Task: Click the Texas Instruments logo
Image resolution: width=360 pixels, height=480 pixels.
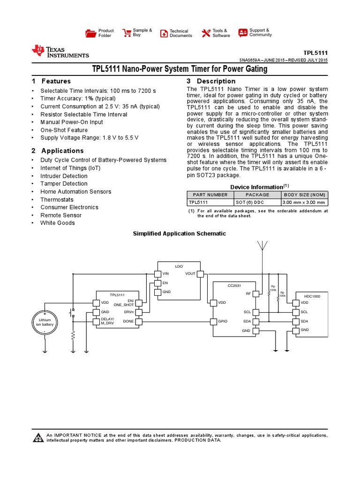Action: click(x=60, y=52)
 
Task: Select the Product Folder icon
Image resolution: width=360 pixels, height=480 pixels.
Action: click(x=90, y=33)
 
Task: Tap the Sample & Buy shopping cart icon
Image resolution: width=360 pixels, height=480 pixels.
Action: click(x=127, y=33)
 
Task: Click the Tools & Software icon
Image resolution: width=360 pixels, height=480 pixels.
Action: click(x=206, y=33)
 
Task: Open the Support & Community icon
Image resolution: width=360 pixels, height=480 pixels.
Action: click(x=243, y=33)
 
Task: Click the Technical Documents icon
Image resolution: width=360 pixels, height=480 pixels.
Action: click(x=164, y=33)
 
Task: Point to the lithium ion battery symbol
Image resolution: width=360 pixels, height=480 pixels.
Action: click(x=45, y=322)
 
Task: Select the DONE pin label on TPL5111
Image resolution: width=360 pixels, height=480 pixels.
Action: click(x=128, y=322)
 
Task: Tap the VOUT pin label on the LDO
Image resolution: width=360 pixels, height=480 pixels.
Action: click(x=190, y=274)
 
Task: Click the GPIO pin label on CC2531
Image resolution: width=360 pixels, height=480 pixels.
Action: click(x=223, y=322)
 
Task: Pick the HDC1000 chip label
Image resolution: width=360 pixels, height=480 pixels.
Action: click(x=312, y=296)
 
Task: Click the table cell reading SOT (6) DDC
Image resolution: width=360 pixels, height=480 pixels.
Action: click(x=257, y=202)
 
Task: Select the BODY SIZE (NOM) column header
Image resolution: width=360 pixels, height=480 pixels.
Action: click(x=304, y=195)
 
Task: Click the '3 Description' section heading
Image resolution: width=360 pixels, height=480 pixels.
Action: click(x=204, y=81)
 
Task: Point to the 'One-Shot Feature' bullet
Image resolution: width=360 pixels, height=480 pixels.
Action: click(x=64, y=130)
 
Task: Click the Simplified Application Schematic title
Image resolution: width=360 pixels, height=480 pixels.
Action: click(x=180, y=233)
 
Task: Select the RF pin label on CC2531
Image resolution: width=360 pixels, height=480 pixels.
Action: click(x=249, y=293)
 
